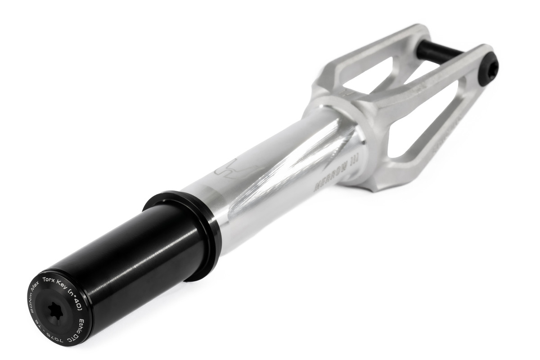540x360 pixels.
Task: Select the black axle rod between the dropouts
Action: [439, 51]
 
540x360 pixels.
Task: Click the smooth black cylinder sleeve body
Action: [130, 252]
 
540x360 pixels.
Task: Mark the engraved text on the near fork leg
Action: [443, 144]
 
